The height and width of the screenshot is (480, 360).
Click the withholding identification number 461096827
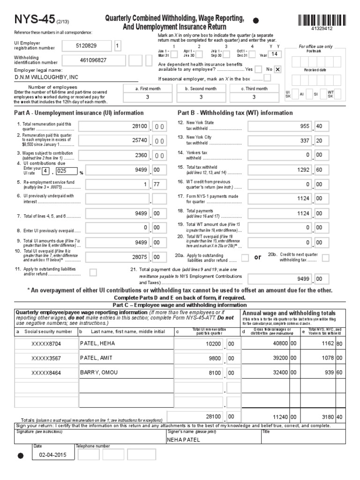[93, 60]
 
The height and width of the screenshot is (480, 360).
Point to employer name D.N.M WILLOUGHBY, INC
[47, 77]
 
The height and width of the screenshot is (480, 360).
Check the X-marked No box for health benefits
[277, 69]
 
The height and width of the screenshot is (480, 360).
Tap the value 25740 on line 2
[140, 141]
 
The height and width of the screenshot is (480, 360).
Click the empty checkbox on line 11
[93, 272]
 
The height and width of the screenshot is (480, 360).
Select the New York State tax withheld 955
[305, 126]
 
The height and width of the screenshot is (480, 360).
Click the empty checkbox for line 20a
[245, 257]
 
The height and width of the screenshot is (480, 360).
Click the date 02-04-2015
[52, 455]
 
